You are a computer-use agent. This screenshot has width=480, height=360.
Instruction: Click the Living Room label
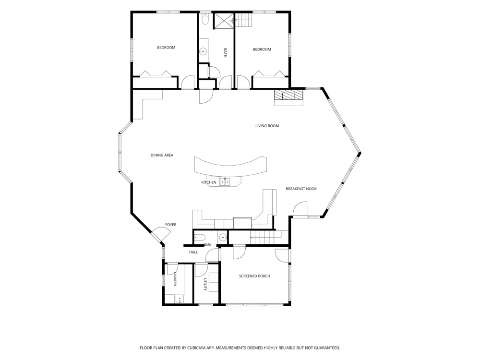(x=267, y=126)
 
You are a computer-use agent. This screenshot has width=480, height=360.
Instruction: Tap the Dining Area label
(x=162, y=155)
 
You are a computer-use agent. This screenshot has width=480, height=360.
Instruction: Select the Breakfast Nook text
(x=301, y=189)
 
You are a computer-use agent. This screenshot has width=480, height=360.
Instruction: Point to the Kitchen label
(x=209, y=182)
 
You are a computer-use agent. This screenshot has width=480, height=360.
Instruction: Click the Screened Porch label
(x=255, y=276)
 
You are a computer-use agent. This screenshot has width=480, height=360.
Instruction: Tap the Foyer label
(x=171, y=225)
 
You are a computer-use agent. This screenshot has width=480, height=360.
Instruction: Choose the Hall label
(x=193, y=252)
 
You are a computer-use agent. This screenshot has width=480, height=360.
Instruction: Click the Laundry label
(x=175, y=279)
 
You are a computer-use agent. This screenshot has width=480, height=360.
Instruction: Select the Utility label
(x=206, y=285)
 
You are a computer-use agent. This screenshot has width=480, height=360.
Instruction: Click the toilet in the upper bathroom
(x=205, y=19)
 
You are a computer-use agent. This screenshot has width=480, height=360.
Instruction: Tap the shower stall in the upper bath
(x=224, y=21)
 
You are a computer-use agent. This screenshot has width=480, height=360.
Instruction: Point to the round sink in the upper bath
(x=203, y=51)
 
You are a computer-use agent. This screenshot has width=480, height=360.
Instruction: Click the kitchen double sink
(x=225, y=181)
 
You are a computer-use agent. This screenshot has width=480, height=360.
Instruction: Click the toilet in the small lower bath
(x=200, y=238)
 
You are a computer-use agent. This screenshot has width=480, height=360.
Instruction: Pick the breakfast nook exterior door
(x=300, y=209)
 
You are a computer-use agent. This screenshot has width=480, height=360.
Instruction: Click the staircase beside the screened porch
(x=266, y=238)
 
